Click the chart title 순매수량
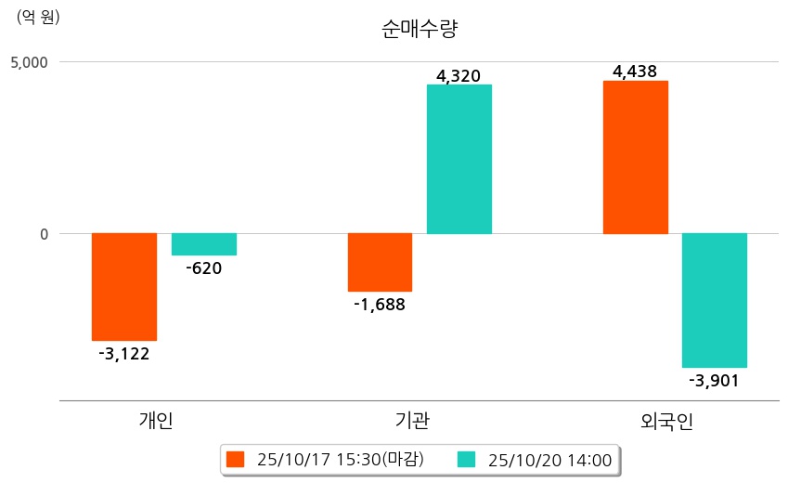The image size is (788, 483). pyautogui.click(x=420, y=29)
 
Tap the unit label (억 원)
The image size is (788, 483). pyautogui.click(x=38, y=18)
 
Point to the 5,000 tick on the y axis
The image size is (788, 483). pyautogui.click(x=29, y=62)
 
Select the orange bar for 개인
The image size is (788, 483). pyautogui.click(x=124, y=287)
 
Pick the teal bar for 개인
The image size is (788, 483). pyautogui.click(x=204, y=244)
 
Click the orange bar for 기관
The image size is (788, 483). pyautogui.click(x=380, y=263)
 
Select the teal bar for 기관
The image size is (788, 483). pyautogui.click(x=459, y=159)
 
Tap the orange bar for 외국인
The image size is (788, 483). pyautogui.click(x=635, y=157)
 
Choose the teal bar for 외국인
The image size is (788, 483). pyautogui.click(x=715, y=300)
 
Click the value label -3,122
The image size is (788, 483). pyautogui.click(x=124, y=353)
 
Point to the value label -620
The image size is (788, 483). pyautogui.click(x=204, y=268)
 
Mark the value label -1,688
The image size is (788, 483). pyautogui.click(x=380, y=304)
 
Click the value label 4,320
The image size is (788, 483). pyautogui.click(x=459, y=75)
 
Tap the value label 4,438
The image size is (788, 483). pyautogui.click(x=635, y=71)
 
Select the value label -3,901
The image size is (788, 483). pyautogui.click(x=714, y=380)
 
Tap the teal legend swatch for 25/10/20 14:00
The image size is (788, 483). pyautogui.click(x=466, y=459)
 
